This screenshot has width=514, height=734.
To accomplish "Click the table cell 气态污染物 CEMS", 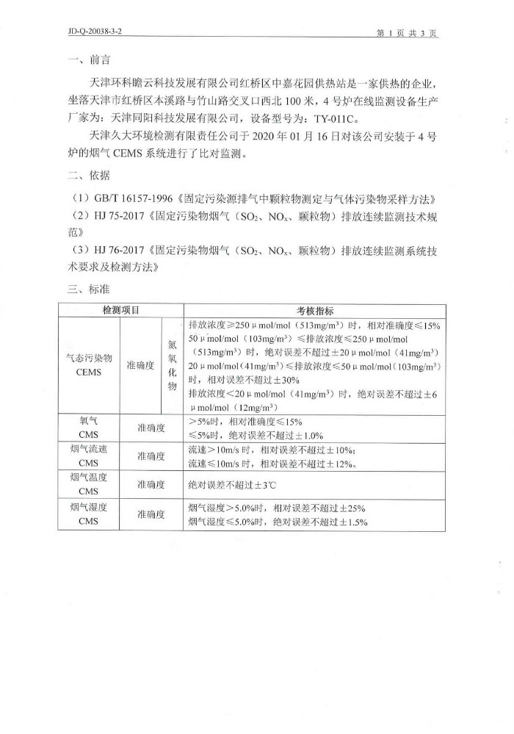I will [87, 365].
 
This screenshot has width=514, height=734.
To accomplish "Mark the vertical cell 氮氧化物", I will [173, 365].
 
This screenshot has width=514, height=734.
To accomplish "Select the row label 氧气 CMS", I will [87, 428].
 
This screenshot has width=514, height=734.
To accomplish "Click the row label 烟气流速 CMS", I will [87, 456].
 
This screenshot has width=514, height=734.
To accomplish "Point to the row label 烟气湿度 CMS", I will [87, 514].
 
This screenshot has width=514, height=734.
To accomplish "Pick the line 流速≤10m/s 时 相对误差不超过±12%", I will [272, 464].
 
